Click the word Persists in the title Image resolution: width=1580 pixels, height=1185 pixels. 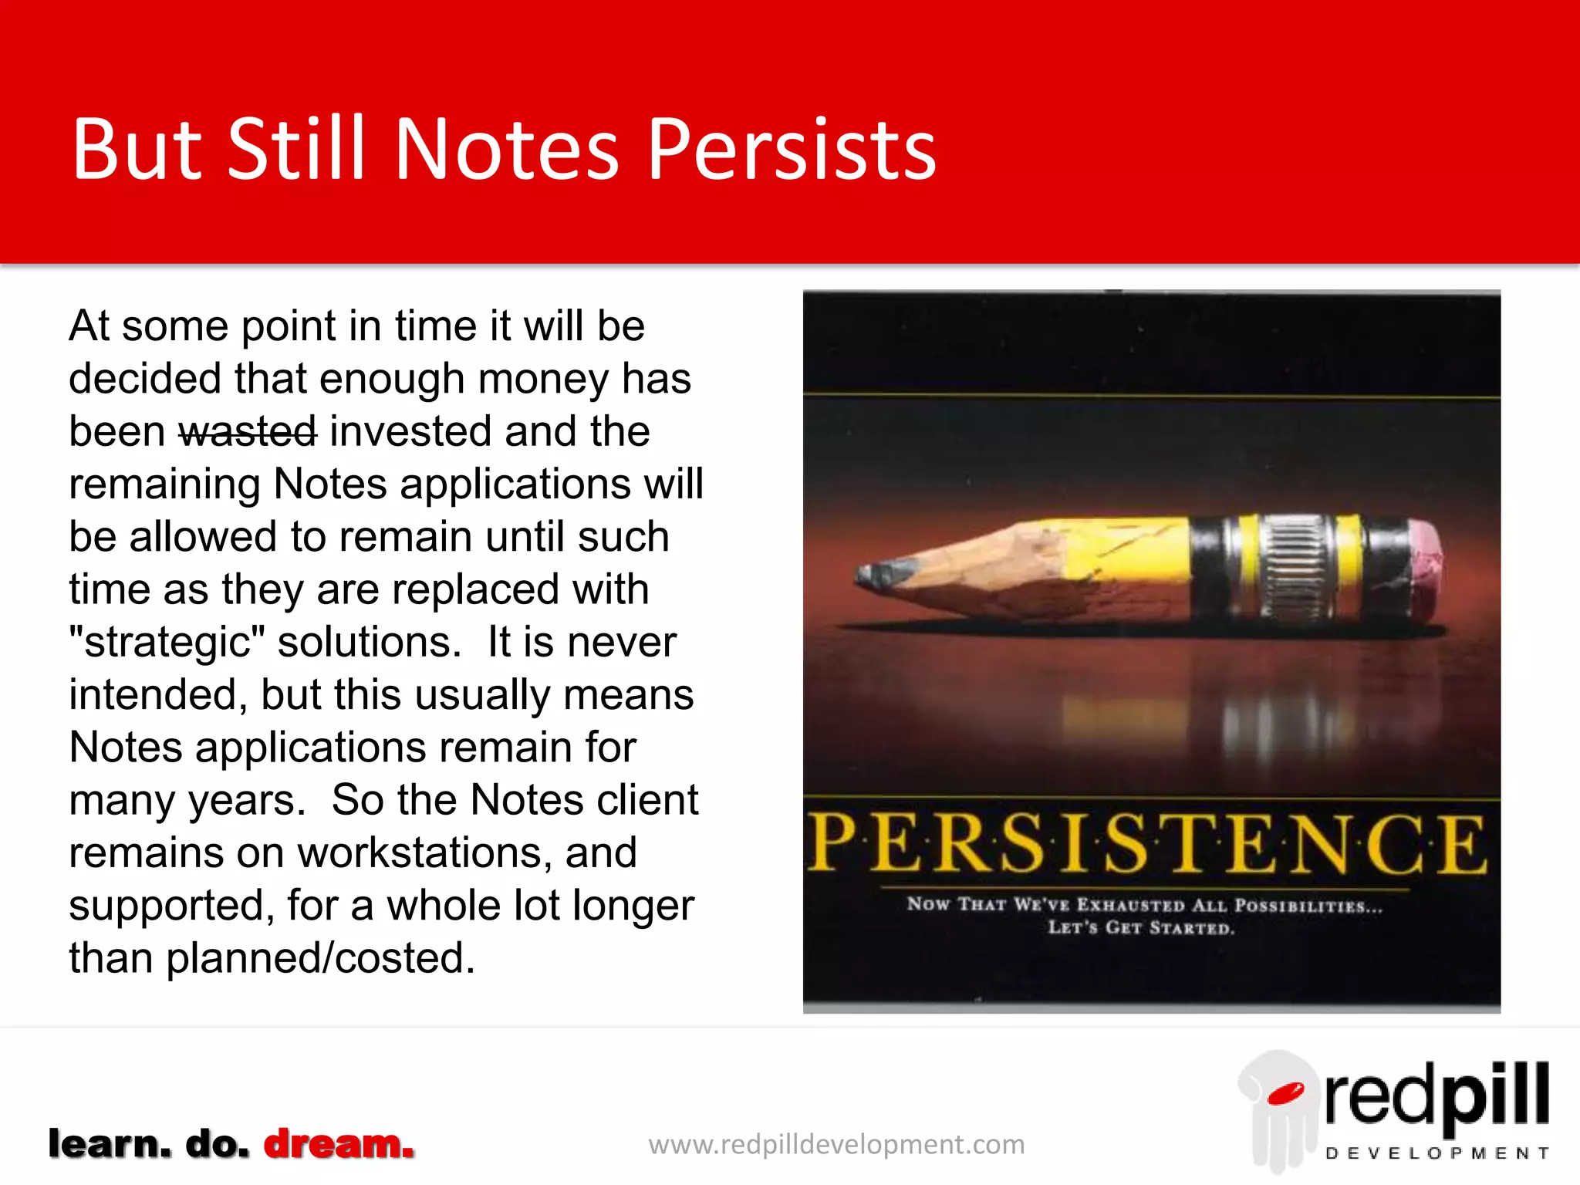[792, 150]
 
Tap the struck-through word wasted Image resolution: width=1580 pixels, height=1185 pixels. [248, 431]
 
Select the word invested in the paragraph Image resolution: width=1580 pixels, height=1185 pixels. [411, 431]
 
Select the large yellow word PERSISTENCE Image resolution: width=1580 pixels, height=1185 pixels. [1148, 846]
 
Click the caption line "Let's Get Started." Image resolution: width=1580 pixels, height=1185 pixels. [1140, 927]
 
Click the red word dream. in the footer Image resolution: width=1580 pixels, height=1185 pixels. [339, 1144]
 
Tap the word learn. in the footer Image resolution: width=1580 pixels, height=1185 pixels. [110, 1144]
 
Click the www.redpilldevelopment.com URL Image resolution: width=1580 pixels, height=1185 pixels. [836, 1145]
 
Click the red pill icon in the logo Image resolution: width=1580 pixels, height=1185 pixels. [1285, 1093]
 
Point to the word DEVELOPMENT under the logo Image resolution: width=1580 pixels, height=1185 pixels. [1437, 1154]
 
